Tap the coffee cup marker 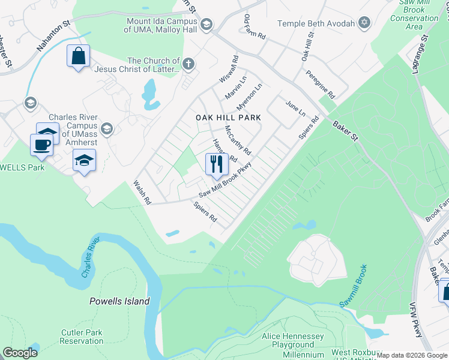coord(42,145)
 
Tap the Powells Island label coord(119,301)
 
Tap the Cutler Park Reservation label coord(82,337)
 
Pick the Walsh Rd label coord(142,193)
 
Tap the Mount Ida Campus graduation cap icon coord(206,25)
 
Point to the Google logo coord(20,353)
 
